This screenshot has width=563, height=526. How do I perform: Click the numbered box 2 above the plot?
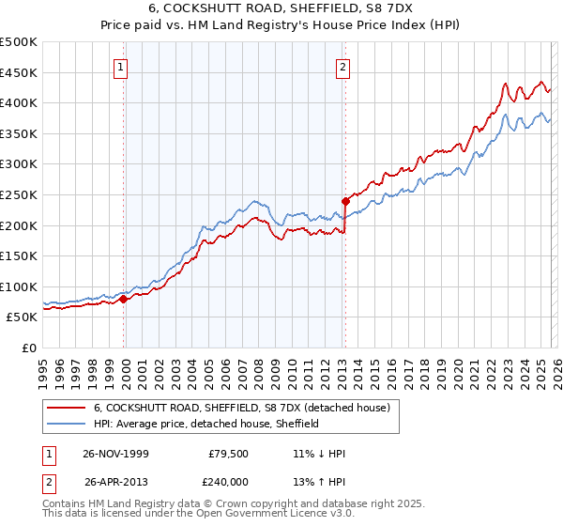[344, 67]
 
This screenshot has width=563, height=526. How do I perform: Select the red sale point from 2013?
[345, 201]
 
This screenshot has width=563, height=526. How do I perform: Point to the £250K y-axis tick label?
[19, 194]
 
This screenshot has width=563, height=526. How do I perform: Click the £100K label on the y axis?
[19, 286]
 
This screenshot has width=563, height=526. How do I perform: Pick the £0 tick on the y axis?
[28, 348]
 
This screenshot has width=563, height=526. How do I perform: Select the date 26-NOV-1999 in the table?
[116, 454]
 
